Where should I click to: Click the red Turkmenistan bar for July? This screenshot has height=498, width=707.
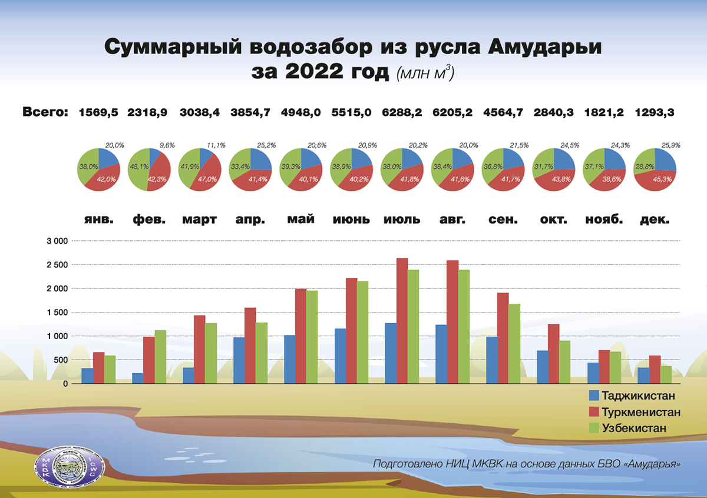pos(402,321)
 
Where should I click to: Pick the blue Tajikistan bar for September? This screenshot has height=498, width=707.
pos(491,360)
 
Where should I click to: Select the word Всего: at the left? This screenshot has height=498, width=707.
pos(45,111)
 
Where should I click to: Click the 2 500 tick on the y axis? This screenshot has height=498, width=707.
pos(57,265)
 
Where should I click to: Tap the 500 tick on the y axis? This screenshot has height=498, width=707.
pos(61,360)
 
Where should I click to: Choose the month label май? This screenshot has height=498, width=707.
pos(301,220)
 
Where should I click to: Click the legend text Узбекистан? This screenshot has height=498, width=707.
pos(635,428)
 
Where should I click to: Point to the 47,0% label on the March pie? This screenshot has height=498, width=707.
pos(209,180)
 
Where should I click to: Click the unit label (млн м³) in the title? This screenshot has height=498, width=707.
pos(425,74)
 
